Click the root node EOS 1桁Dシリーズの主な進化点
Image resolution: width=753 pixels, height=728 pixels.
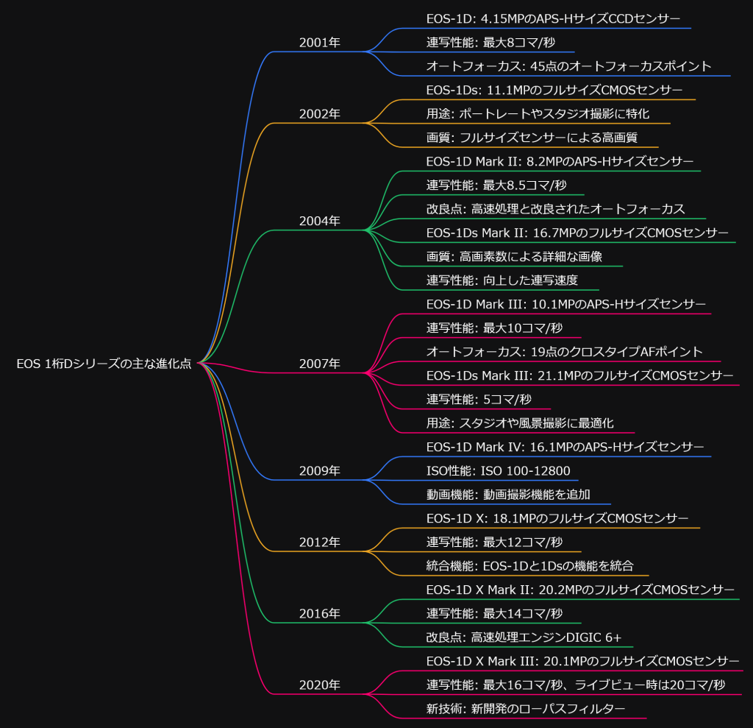[x=104, y=364]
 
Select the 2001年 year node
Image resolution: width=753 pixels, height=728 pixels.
[x=319, y=43]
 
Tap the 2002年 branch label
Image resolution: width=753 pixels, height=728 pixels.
[x=319, y=114]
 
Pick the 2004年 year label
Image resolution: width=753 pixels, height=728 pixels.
[x=319, y=221]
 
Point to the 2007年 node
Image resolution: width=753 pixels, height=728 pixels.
[x=319, y=364]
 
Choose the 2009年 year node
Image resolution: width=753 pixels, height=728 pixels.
[x=319, y=470]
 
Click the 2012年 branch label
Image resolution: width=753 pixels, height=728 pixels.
[x=319, y=543]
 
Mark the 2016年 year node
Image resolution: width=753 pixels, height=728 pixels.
[x=319, y=613]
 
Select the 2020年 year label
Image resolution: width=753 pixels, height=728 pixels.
[x=319, y=685]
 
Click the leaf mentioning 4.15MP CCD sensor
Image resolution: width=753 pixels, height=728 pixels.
[x=553, y=18]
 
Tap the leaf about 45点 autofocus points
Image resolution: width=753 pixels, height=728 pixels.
[x=568, y=66]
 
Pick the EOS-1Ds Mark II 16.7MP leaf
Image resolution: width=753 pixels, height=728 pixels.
[x=577, y=233]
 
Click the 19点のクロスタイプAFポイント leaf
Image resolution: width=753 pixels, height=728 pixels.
[x=565, y=352]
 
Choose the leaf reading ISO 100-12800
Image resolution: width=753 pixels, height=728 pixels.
[x=498, y=471]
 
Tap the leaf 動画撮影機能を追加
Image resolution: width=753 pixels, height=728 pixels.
[x=508, y=495]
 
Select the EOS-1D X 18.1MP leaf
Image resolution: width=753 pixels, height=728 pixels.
[x=557, y=518]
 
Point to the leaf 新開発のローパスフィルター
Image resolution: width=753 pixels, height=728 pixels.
[x=525, y=709]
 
